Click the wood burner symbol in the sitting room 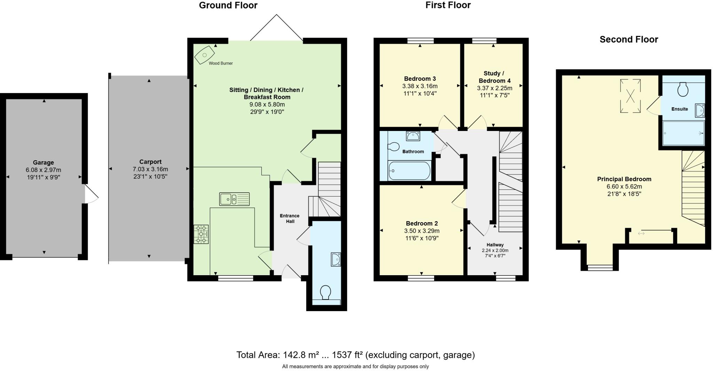[204, 55]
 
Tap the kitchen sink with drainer [234, 199]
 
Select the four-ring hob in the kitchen [201, 234]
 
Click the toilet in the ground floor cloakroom [326, 292]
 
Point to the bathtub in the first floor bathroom [409, 171]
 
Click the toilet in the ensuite [683, 90]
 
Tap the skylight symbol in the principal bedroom [630, 96]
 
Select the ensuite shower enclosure [683, 133]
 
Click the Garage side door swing [91, 194]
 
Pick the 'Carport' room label [150, 162]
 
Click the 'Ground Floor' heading [228, 6]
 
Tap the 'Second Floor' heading [629, 39]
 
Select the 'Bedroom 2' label [422, 223]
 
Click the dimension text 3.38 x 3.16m [420, 86]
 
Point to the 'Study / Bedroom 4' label [494, 77]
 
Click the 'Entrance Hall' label [290, 218]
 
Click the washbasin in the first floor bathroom [413, 136]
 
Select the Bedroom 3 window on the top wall [421, 41]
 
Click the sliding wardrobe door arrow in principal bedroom [641, 233]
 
